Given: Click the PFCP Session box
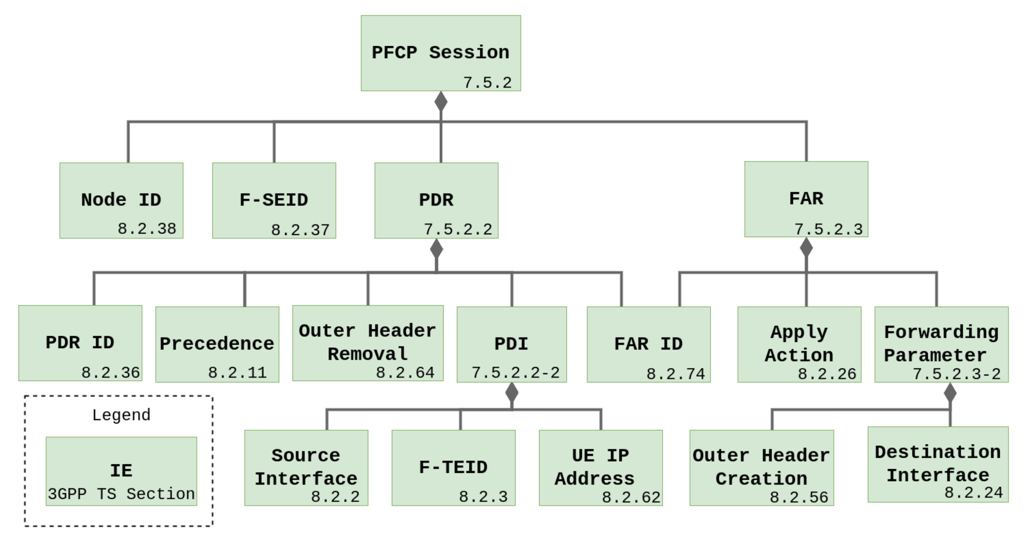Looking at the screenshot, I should pos(441,53).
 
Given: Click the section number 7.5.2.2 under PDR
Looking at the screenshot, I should pos(458,230).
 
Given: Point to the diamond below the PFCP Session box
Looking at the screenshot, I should pos(441,101).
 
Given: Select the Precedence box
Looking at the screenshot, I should pos(217,344).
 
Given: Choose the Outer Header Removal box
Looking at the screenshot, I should pos(368,343).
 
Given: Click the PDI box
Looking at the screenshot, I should pos(512,344).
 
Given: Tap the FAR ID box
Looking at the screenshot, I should pos(649,344).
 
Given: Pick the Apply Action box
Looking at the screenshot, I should pos(799,344).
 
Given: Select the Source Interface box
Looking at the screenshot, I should pos(306,467).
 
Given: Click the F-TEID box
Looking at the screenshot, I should pos(453,467).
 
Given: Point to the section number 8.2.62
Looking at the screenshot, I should pos(631,497).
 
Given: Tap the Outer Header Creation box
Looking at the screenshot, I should pos(762,467).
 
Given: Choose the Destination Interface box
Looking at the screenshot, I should pos(938,464).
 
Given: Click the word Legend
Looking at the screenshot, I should pos(121,415).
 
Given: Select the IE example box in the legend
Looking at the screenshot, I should pos(121,471).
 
